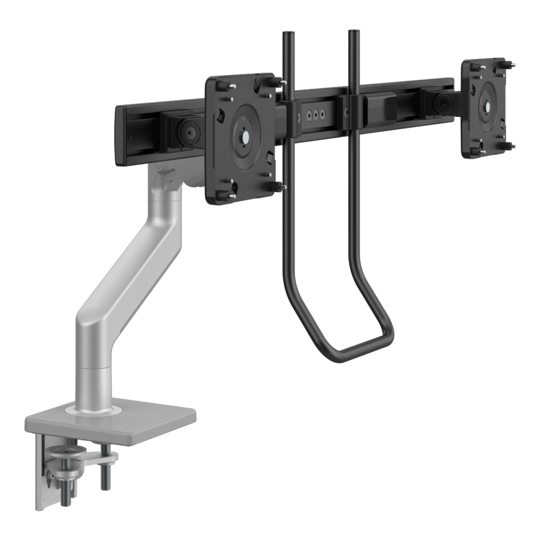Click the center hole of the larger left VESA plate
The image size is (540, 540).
[x=244, y=137]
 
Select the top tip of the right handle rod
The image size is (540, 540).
[x=354, y=32]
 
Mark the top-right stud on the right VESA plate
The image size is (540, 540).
[x=510, y=65]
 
